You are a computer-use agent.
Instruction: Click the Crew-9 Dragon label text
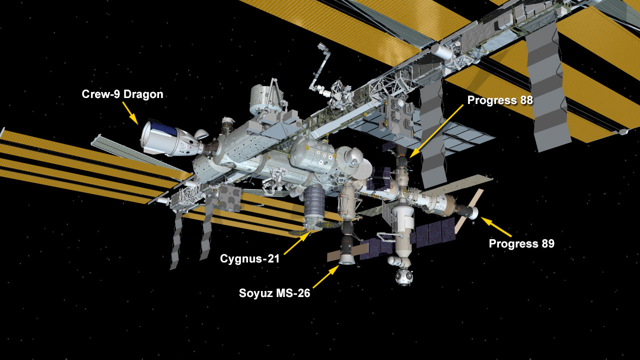(122, 94)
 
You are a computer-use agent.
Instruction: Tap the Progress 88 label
(500, 100)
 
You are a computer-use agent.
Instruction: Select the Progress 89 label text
(521, 243)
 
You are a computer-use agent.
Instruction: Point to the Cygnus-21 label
(249, 259)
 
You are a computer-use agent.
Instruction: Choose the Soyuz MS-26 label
(274, 293)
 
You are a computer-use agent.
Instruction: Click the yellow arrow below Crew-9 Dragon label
(130, 113)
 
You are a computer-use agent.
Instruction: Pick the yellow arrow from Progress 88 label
(436, 131)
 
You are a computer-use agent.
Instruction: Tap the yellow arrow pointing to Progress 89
(496, 227)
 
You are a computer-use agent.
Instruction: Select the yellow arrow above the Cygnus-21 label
(297, 243)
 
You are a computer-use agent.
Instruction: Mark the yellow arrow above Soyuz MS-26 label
(326, 276)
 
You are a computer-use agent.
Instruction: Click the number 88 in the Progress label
(526, 100)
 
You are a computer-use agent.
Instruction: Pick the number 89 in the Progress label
(547, 243)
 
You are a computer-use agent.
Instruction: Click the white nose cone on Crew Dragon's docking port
(201, 134)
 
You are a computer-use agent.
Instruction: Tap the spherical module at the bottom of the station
(403, 276)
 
